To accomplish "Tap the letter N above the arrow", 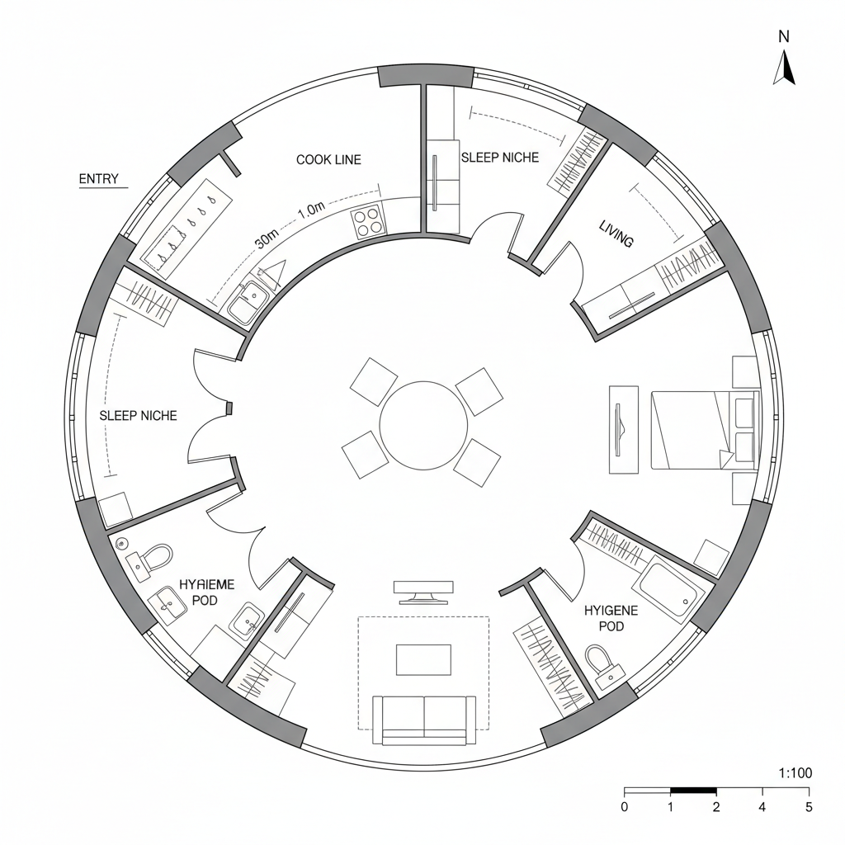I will point(784,35).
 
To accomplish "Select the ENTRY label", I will point(98,179).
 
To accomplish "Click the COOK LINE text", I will point(328,159).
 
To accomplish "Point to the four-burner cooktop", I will point(369,221).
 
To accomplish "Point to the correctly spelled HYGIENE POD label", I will point(610,618).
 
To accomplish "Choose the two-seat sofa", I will point(424,718).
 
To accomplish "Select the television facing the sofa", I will point(423,591).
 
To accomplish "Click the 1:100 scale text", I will point(795,773).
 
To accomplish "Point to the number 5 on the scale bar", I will point(809,807).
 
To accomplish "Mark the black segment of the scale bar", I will point(693,791).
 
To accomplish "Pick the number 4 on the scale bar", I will point(762,807).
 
